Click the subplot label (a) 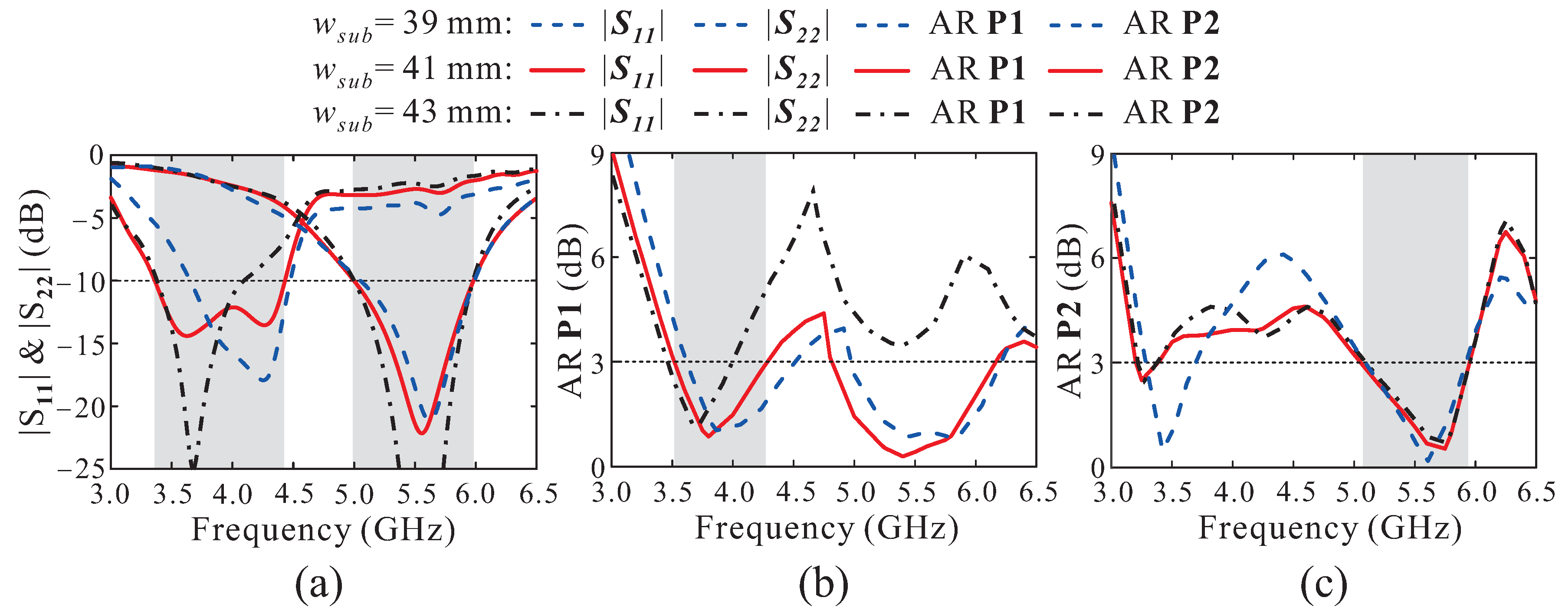pos(318,585)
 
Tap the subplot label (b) pos(823,585)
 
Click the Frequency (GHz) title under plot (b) pos(826,529)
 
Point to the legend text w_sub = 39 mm pos(412,26)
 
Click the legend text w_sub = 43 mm pos(412,114)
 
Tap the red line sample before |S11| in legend pos(557,70)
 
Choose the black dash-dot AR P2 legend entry pos(1170,113)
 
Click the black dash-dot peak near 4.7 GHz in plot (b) pos(813,188)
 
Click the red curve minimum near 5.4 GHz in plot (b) pos(903,456)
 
